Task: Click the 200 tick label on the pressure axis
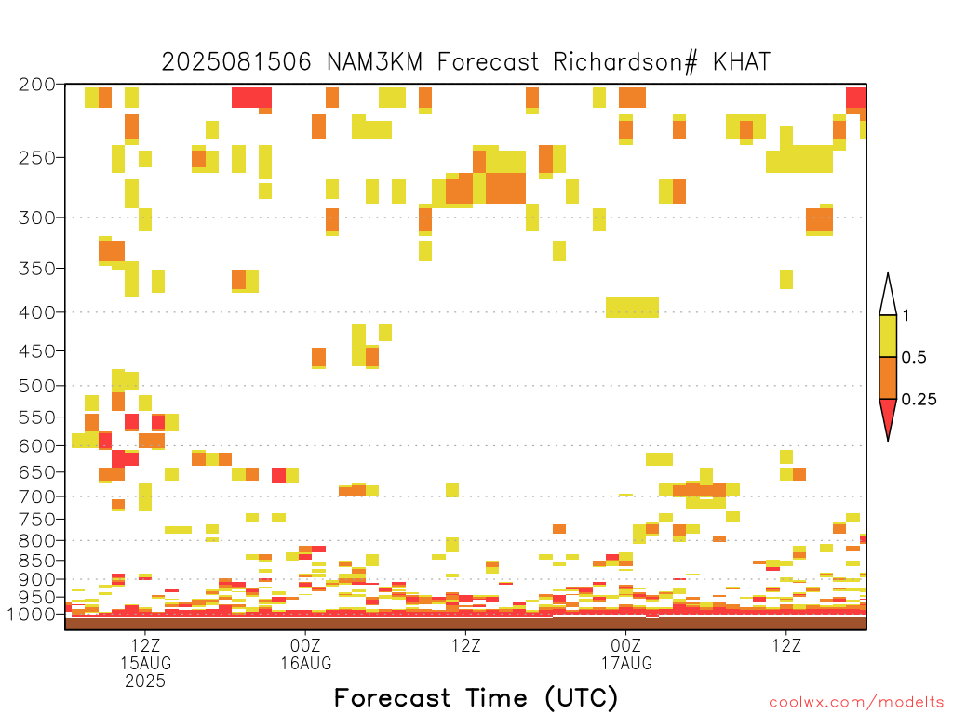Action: tap(36, 85)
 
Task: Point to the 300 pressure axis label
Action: tap(36, 218)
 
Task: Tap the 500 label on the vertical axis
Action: tap(36, 386)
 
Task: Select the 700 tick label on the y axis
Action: tap(36, 496)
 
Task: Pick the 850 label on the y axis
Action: tap(36, 561)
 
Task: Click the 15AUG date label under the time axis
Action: tap(145, 663)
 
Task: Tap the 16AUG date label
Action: tap(305, 663)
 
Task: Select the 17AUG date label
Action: tap(626, 663)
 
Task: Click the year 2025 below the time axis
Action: tap(145, 681)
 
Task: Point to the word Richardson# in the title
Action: tap(624, 62)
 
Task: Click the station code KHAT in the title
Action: tap(742, 61)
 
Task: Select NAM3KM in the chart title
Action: tap(374, 61)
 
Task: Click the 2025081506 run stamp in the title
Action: tap(236, 61)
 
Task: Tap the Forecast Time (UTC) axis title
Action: tap(476, 698)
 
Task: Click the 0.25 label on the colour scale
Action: tap(919, 400)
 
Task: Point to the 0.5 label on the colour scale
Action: tap(914, 358)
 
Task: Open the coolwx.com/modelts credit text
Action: tap(856, 703)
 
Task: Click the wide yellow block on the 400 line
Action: tap(632, 307)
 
